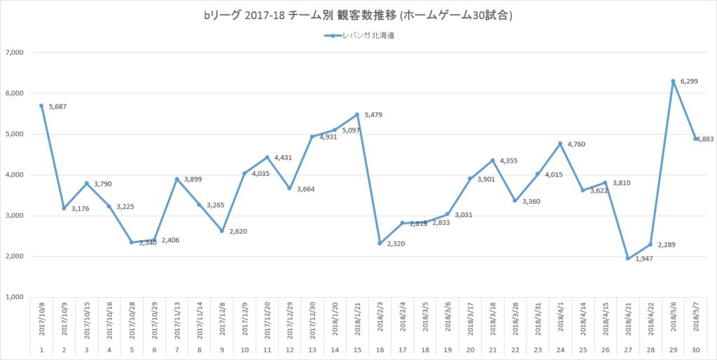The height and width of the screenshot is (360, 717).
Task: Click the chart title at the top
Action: (x=358, y=15)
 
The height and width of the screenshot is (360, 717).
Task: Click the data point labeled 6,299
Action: (x=674, y=81)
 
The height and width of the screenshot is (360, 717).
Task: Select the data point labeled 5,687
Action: (x=41, y=106)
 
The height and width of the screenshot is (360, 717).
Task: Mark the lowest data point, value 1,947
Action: (x=628, y=258)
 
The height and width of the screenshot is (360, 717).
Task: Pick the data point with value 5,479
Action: (x=357, y=114)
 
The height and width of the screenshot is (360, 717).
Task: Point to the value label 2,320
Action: (x=397, y=244)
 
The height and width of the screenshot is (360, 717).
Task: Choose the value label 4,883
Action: (x=706, y=139)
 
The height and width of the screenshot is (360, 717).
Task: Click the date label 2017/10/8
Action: (x=41, y=319)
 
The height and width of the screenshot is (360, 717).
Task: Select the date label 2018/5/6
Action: (x=674, y=319)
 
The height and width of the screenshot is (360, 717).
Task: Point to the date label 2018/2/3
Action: (x=380, y=319)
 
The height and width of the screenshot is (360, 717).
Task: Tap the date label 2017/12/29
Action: (x=289, y=319)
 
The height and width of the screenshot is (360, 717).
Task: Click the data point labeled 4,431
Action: (x=267, y=157)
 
